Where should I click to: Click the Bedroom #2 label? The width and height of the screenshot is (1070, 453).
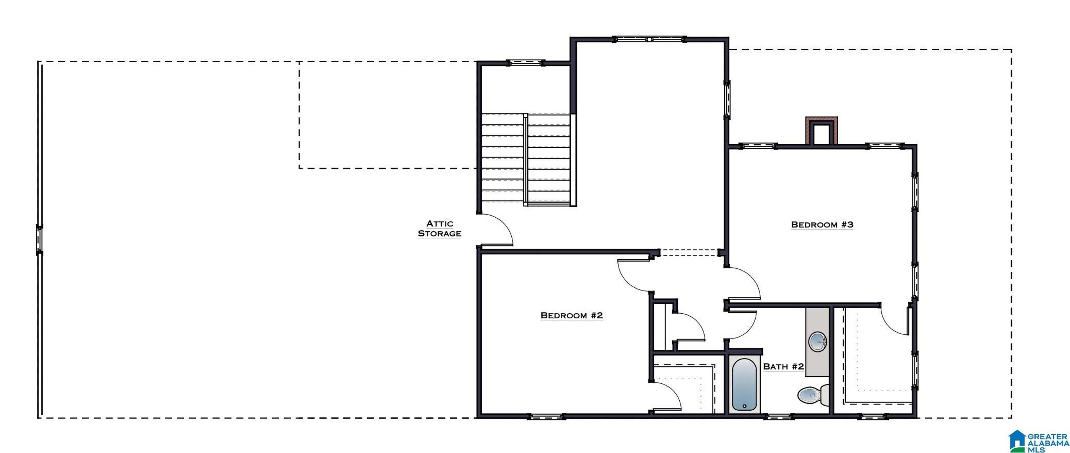[x=571, y=315]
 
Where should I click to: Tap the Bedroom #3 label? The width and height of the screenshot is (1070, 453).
[x=822, y=225]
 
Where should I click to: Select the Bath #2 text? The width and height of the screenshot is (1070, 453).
[x=783, y=367]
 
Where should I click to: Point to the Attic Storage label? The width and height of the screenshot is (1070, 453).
[x=440, y=229]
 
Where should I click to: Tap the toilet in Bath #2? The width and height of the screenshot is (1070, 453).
[x=813, y=395]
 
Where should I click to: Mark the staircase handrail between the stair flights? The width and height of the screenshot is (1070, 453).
[x=526, y=160]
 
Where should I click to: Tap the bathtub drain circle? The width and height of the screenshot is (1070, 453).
[x=744, y=406]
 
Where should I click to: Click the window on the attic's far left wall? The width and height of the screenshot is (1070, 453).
[x=39, y=240]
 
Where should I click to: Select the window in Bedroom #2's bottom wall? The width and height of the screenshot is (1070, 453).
[x=545, y=417]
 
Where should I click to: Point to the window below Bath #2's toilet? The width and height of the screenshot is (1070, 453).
[x=778, y=417]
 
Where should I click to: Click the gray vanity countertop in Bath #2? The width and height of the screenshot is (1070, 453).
[x=817, y=341]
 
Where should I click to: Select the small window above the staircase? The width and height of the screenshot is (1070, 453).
[x=526, y=63]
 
